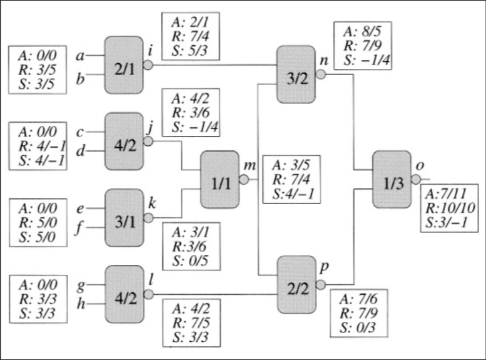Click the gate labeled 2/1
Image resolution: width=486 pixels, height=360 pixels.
(124, 65)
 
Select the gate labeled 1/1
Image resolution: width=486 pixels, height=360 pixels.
(220, 180)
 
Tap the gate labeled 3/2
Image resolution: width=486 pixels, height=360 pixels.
(296, 75)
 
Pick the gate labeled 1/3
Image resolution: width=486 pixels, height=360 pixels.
(392, 180)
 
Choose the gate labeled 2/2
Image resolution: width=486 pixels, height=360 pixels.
(296, 285)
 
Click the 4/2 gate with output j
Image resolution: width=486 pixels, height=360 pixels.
(124, 141)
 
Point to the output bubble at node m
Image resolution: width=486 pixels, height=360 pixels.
(244, 180)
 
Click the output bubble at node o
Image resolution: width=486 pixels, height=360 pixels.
(416, 179)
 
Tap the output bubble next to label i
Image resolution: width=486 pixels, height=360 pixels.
(148, 65)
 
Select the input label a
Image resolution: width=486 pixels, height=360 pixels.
(80, 56)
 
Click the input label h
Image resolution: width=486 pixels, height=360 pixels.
(81, 303)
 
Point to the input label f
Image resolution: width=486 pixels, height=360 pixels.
(79, 228)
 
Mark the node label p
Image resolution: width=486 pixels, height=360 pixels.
(323, 267)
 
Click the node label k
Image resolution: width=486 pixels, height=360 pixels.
(152, 203)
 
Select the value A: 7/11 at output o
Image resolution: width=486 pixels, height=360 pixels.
(446, 194)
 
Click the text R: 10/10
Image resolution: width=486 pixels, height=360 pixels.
(450, 208)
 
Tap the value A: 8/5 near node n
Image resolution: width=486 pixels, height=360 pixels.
(362, 32)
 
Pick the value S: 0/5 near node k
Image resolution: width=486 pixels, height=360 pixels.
(190, 260)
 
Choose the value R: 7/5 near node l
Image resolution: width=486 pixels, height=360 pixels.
(191, 323)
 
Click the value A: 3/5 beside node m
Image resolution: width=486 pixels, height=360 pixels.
(291, 165)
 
